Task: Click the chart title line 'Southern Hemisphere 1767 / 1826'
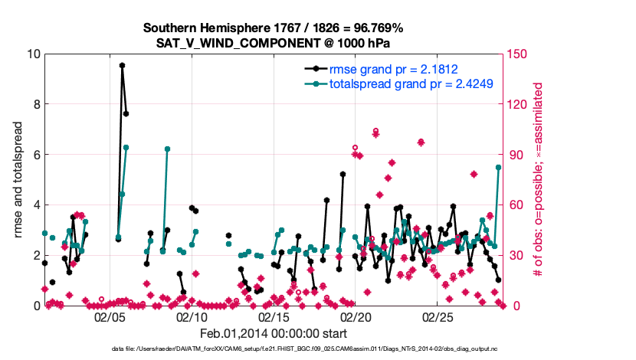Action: pos(273,28)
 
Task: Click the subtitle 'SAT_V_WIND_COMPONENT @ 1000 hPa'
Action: pos(273,43)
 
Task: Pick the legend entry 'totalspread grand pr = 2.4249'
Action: pos(411,83)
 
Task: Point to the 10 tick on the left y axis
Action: pos(33,54)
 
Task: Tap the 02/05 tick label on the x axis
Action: pos(109,316)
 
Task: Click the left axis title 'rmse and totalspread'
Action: pos(18,179)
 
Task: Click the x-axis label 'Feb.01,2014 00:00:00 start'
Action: pos(273,333)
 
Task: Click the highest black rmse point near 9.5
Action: pos(122,66)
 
